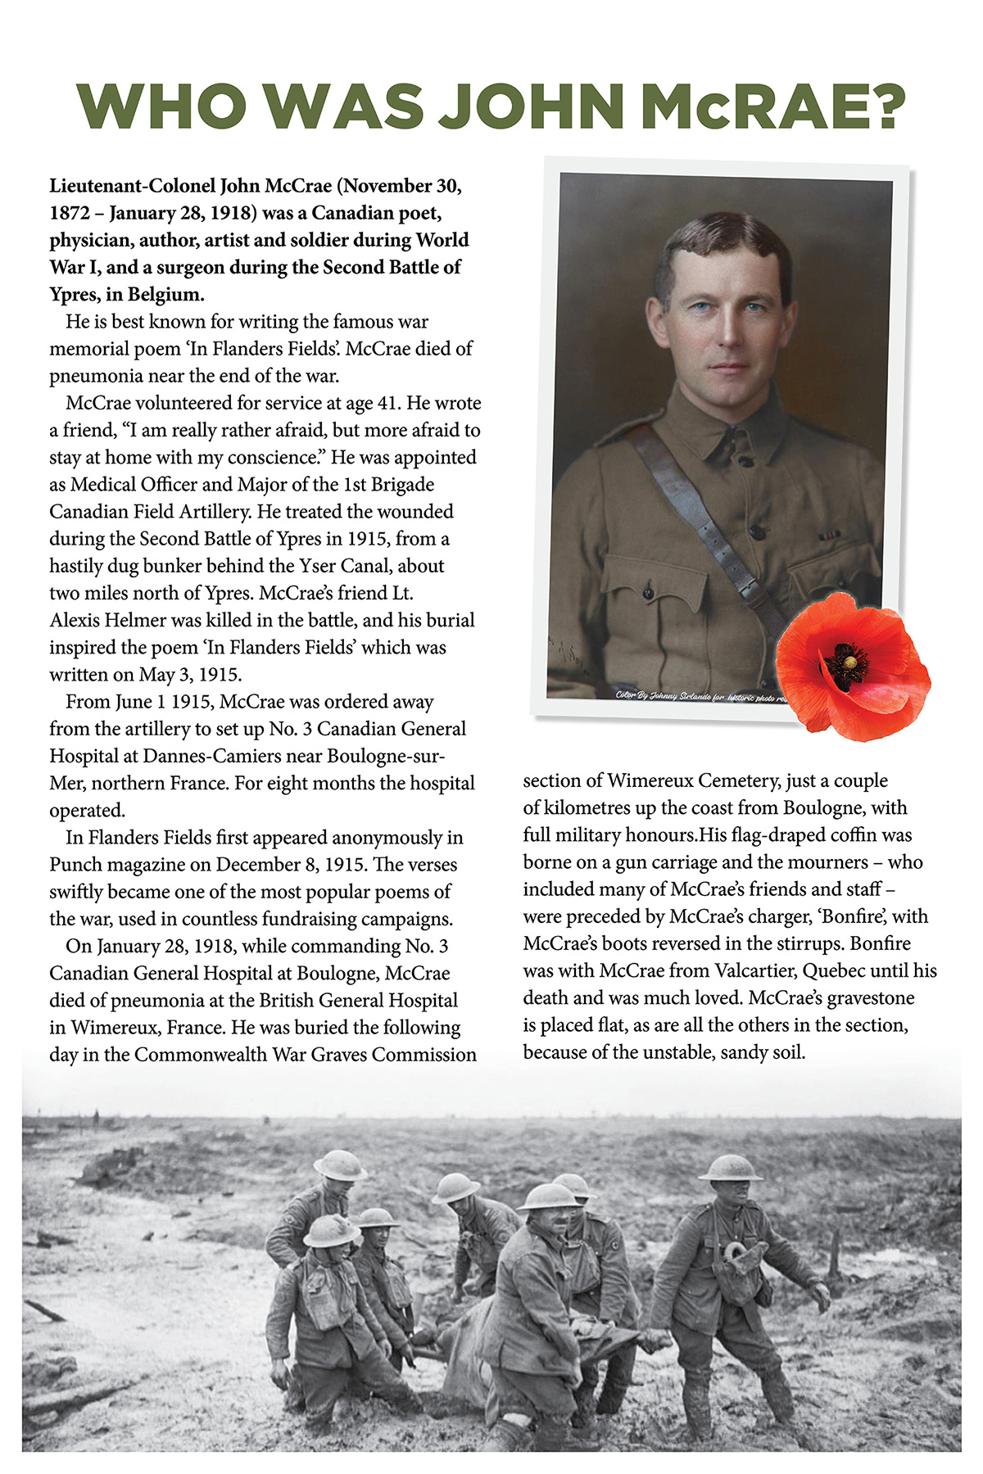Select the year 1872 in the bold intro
pos(70,213)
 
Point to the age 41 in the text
pos(387,403)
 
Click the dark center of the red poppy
pos(845,660)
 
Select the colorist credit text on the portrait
pos(696,696)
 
